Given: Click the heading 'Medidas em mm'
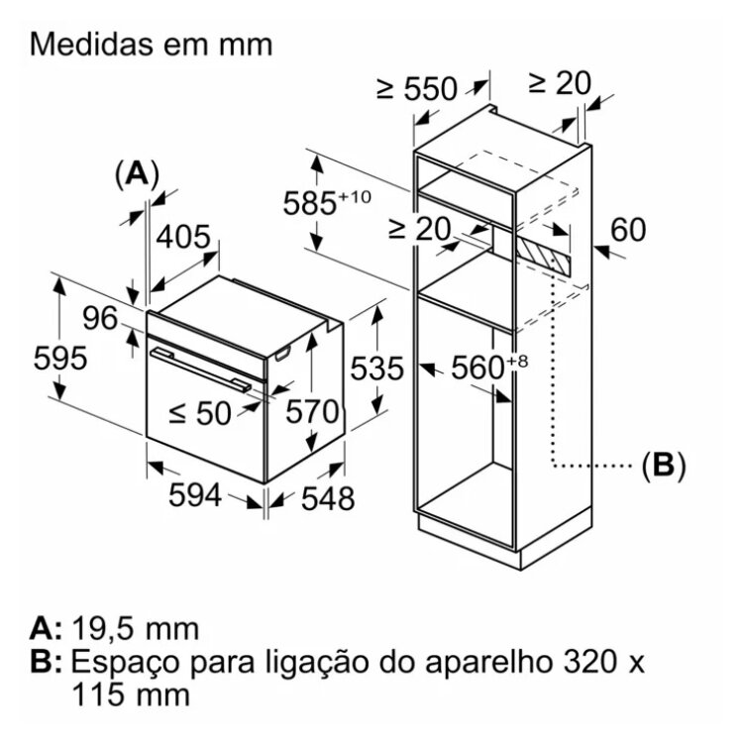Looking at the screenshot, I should tap(152, 46).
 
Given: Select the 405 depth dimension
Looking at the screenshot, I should tap(184, 238).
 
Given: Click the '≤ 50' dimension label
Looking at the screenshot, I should tap(200, 413).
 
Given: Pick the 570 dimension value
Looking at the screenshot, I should tap(313, 411).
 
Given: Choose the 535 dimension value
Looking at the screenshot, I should tap(377, 369).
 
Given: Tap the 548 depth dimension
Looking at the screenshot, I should tap(326, 499).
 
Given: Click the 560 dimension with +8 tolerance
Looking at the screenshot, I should tap(483, 368).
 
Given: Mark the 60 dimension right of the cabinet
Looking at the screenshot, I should tap(627, 230).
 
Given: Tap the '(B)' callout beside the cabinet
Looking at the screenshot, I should tap(663, 465).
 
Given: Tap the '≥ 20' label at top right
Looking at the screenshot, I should tap(560, 83).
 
